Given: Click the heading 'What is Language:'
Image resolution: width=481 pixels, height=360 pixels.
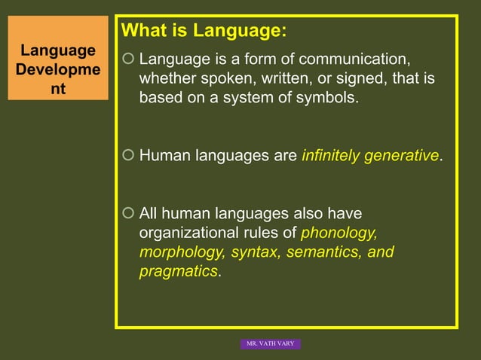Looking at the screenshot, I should pyautogui.click(x=204, y=32).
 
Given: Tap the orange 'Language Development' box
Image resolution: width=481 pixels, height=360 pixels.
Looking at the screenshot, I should pyautogui.click(x=58, y=69).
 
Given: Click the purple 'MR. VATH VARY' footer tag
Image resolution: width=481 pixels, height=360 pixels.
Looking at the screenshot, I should pyautogui.click(x=271, y=343).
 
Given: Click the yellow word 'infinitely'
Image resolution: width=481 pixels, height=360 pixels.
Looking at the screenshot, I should pyautogui.click(x=330, y=156).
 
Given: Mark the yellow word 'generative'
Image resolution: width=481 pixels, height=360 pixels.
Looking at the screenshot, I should pyautogui.click(x=402, y=156).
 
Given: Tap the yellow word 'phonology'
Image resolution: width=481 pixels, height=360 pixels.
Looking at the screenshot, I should pyautogui.click(x=339, y=233).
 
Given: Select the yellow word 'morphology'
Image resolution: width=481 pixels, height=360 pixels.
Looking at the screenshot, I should pyautogui.click(x=181, y=252).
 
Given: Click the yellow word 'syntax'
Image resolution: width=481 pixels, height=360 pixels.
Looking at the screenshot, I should pyautogui.click(x=254, y=252).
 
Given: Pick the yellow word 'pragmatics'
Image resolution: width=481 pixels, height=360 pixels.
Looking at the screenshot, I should pyautogui.click(x=179, y=272).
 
